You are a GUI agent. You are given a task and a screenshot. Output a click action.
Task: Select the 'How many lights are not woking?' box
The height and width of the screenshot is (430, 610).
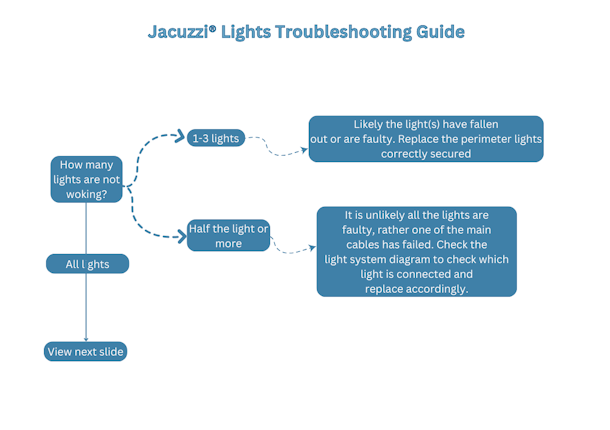(86, 179)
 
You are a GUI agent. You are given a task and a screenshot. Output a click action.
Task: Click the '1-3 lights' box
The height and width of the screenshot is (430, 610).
(215, 138)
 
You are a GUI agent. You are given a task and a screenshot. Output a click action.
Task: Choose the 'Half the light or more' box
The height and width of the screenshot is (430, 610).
(228, 236)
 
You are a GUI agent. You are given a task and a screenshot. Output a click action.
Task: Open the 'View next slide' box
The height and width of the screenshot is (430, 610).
(86, 352)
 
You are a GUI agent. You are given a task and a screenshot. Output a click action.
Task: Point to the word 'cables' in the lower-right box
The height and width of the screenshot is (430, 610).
(370, 244)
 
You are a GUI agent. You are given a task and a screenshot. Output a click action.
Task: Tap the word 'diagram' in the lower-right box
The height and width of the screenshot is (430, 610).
(420, 259)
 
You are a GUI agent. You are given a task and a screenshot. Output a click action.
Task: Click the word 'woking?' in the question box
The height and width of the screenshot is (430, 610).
(86, 194)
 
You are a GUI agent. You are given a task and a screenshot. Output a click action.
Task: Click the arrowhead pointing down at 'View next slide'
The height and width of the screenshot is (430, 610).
(86, 340)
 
